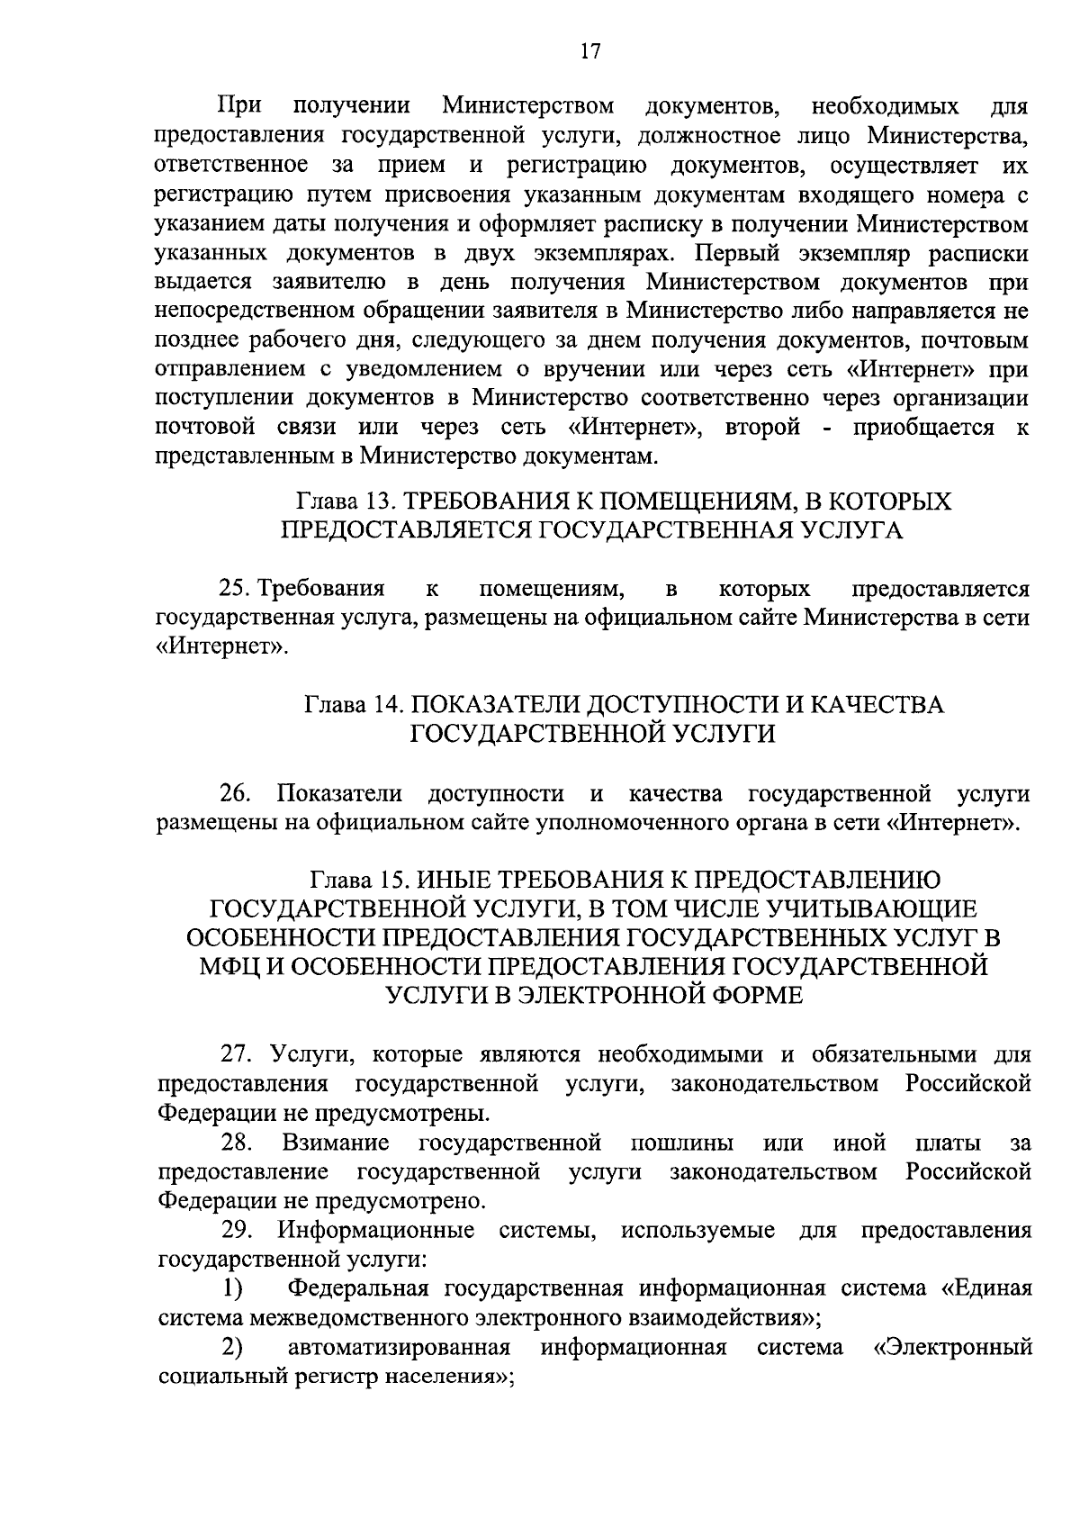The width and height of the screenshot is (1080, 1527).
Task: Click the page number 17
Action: (589, 51)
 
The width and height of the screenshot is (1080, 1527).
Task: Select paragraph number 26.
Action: (237, 793)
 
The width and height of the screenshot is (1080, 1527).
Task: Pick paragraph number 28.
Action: (238, 1143)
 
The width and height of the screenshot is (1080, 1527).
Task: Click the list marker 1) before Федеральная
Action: (232, 1289)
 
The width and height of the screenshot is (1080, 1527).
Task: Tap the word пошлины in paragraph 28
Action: (681, 1143)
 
